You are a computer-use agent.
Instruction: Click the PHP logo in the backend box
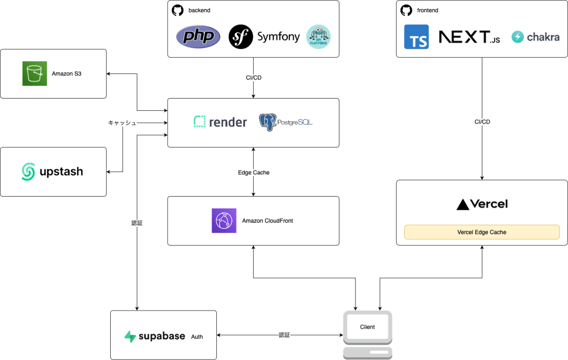[x=198, y=37]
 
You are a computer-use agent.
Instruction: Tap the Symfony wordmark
[x=278, y=37]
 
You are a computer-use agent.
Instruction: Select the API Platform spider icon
[x=319, y=37]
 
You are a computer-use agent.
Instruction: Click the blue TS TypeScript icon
[x=417, y=37]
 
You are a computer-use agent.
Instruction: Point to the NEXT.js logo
[x=469, y=37]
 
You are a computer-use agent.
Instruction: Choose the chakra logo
[x=535, y=37]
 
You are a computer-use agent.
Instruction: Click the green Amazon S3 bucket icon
[x=35, y=73]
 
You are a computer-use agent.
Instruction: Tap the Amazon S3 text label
[x=67, y=73]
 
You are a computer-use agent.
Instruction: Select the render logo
[x=220, y=122]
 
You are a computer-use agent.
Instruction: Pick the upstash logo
[x=52, y=171]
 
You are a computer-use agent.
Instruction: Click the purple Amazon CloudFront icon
[x=224, y=221]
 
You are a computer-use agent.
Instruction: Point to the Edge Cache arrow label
[x=254, y=172]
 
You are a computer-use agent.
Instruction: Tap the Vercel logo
[x=482, y=204]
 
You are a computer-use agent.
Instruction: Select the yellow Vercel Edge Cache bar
[x=482, y=232]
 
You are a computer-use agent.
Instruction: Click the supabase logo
[x=154, y=336]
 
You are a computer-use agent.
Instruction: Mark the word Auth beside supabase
[x=197, y=337]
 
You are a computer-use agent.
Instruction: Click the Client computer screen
[x=367, y=327]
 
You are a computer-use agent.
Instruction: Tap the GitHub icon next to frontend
[x=406, y=10]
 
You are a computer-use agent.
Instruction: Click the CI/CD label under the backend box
[x=254, y=78]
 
